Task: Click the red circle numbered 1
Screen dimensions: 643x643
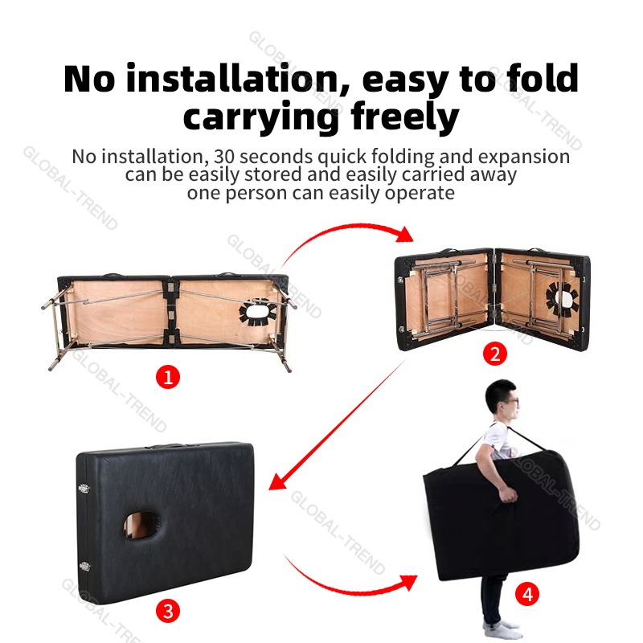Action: pos(168,377)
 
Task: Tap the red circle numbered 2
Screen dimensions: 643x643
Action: pos(495,354)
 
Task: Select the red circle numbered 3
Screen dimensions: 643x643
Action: pos(168,611)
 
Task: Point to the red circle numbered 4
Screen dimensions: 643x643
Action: pos(527,594)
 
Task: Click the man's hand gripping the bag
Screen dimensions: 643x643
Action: pos(509,495)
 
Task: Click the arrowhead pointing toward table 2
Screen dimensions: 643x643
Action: pos(405,234)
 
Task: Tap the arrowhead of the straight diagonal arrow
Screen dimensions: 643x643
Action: pos(277,481)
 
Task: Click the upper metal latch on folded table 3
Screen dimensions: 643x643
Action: pos(84,488)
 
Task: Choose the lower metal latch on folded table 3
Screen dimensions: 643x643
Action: pos(84,567)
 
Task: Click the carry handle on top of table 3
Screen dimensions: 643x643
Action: pos(166,446)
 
